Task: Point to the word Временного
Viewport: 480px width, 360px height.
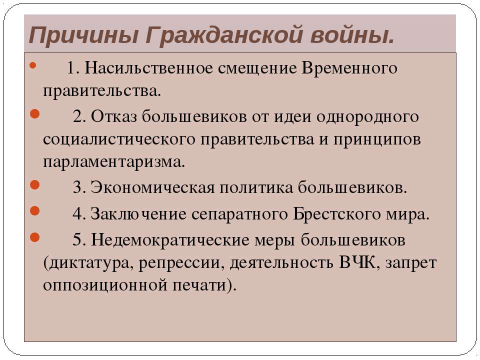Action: click(x=349, y=67)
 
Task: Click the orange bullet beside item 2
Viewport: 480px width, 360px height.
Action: click(x=34, y=114)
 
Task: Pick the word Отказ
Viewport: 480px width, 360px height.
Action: click(x=113, y=116)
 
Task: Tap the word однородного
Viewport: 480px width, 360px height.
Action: click(x=367, y=117)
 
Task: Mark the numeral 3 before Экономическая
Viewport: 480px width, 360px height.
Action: click(x=77, y=187)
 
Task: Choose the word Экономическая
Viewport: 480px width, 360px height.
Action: click(x=153, y=187)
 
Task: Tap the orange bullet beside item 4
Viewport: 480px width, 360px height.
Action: click(x=34, y=211)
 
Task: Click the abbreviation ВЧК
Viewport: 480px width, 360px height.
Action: click(x=357, y=262)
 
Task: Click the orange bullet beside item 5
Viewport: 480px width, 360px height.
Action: click(x=34, y=237)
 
